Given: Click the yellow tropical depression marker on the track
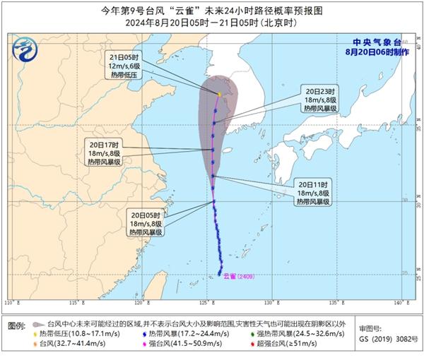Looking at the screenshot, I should (220, 94).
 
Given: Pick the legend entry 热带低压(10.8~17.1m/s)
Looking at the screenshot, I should (70, 332).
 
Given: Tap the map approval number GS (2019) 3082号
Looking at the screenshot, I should (384, 340).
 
